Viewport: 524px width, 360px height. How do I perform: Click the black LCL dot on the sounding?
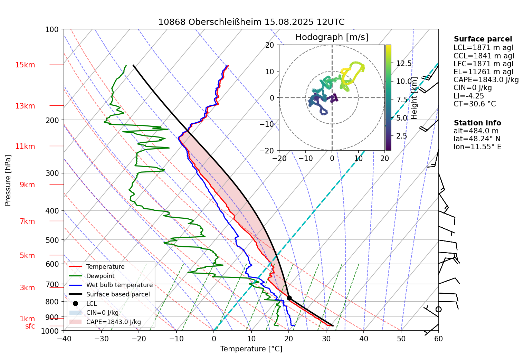tap(289, 298)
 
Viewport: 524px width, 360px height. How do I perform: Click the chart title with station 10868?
tap(251, 22)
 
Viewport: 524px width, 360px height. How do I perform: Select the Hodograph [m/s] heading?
tap(332, 37)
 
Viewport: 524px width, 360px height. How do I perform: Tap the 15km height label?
tap(25, 65)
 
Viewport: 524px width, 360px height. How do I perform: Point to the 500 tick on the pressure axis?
tap(52, 240)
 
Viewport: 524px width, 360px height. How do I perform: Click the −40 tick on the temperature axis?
tap(64, 339)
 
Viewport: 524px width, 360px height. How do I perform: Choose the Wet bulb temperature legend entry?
tap(119, 285)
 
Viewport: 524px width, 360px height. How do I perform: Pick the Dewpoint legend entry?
tap(100, 276)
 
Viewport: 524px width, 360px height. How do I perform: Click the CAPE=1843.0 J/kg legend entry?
tap(113, 322)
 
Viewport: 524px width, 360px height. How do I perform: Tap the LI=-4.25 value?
tap(468, 96)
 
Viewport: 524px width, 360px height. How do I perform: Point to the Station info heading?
tap(477, 123)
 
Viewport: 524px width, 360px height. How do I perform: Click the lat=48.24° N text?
tap(477, 139)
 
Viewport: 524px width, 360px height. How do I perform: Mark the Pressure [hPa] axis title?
tap(8, 180)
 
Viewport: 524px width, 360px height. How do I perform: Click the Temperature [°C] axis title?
tap(251, 349)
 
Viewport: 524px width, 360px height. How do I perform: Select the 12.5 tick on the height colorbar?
tap(404, 63)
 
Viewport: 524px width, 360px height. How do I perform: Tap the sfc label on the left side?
tap(30, 326)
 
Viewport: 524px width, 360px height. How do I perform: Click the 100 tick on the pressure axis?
tap(52, 30)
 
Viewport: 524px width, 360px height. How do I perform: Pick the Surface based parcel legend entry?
tap(118, 294)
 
